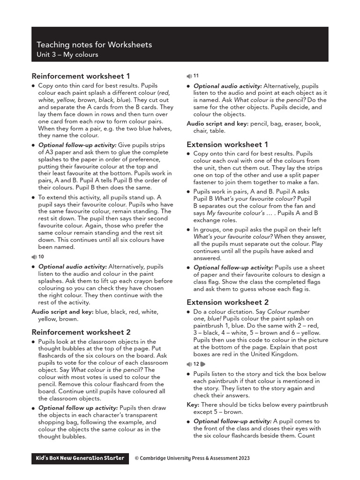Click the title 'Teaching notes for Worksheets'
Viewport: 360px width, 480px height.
94,45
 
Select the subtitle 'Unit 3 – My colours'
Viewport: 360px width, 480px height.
67,55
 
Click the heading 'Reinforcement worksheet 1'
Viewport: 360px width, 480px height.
81,76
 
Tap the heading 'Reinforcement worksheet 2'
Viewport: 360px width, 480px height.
81,332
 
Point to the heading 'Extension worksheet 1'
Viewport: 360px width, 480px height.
227,144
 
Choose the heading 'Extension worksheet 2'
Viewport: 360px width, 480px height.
227,302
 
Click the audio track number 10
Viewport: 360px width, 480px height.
41,257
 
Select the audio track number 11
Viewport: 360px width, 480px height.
196,76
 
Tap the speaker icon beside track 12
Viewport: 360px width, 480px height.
189,364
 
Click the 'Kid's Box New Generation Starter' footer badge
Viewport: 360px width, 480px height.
80,458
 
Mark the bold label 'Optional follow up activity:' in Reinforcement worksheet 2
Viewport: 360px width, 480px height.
78,408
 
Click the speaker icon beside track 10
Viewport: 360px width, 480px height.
34,257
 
